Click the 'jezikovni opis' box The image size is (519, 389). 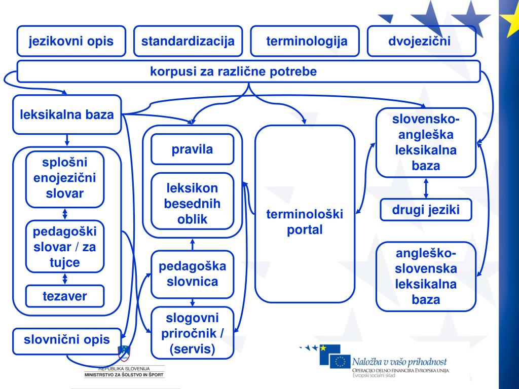tap(71, 41)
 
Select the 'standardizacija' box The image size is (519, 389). tap(188, 41)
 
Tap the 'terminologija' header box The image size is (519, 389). tap(305, 41)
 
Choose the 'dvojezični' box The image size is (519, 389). tap(421, 41)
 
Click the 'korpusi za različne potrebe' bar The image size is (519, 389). tap(248, 71)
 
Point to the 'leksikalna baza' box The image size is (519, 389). tap(67, 114)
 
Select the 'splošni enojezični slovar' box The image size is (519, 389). tap(65, 179)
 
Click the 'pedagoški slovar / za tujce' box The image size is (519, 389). tap(65, 247)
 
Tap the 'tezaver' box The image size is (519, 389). tap(65, 296)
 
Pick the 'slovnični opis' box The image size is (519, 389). tap(67, 339)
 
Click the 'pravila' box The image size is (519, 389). tap(192, 149)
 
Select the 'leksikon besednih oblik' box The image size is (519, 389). tap(192, 203)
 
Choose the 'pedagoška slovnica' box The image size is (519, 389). tap(192, 274)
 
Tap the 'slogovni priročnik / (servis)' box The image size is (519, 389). tap(192, 333)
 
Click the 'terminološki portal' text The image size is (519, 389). tap(305, 222)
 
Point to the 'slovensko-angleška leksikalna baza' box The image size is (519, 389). tap(426, 142)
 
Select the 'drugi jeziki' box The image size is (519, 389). tap(426, 210)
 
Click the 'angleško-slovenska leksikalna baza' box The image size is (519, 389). tap(426, 276)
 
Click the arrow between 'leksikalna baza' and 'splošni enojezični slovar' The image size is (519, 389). tap(67, 140)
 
